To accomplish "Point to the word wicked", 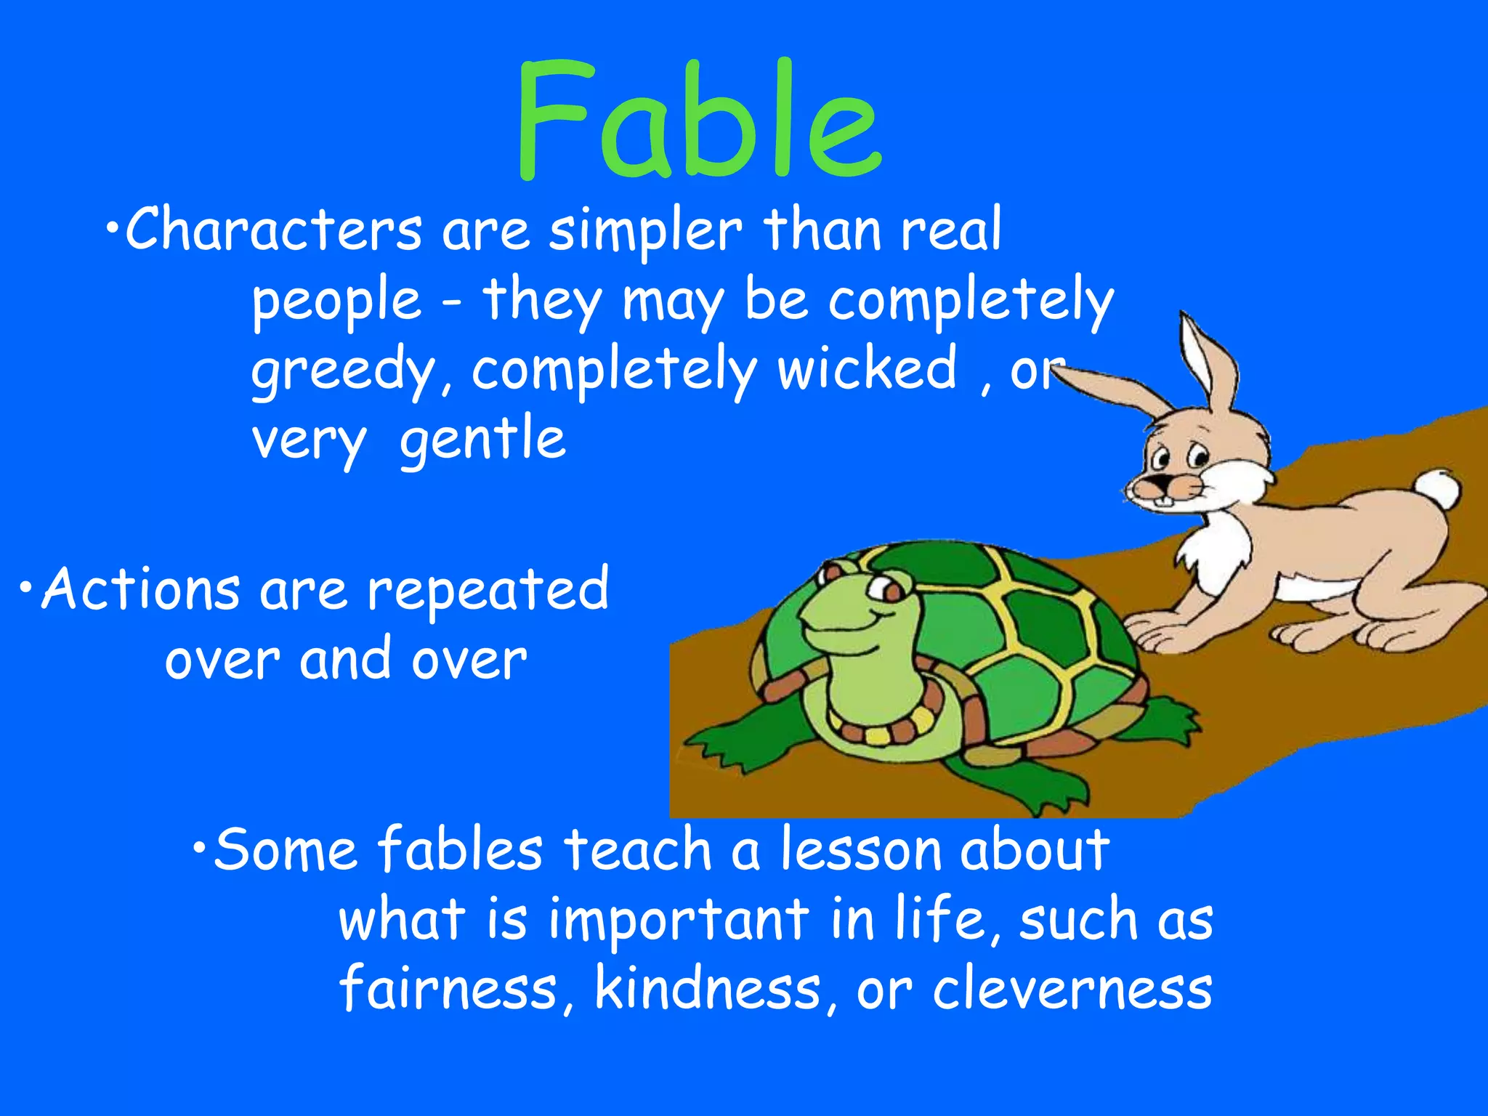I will [x=867, y=369].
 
